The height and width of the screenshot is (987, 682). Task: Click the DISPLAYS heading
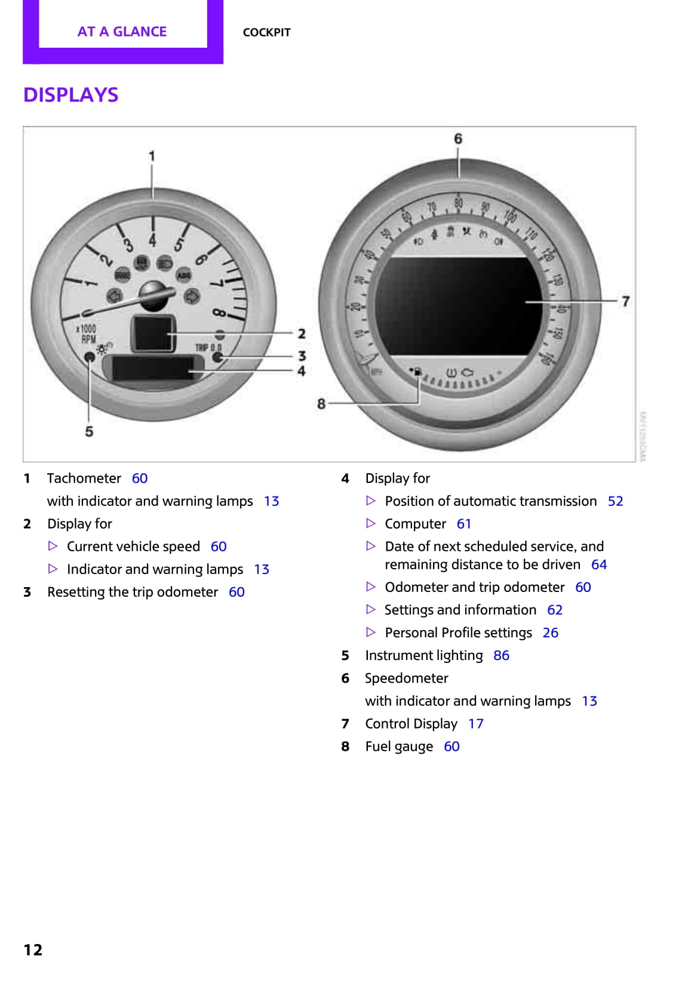[70, 95]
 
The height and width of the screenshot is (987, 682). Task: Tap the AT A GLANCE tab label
[122, 32]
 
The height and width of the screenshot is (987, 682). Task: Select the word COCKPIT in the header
[266, 32]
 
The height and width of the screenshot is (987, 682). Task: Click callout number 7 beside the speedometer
[625, 301]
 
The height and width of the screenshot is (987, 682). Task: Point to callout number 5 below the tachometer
[89, 431]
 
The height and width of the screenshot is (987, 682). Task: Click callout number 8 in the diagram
[321, 404]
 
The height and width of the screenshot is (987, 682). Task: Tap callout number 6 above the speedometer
[458, 139]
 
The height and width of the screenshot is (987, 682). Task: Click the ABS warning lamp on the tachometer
[183, 275]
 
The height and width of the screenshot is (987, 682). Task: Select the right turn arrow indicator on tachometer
[192, 296]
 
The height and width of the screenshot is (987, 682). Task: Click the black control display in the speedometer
[459, 306]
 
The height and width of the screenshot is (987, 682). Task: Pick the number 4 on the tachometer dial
[153, 240]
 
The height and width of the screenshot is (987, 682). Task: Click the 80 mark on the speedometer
[458, 203]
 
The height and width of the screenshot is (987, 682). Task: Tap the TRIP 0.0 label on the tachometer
[208, 347]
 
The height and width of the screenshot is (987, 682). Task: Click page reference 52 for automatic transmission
[615, 501]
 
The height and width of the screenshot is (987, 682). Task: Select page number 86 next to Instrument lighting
[501, 655]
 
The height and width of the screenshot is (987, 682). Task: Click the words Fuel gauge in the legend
[399, 747]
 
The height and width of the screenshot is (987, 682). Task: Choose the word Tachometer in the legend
[84, 479]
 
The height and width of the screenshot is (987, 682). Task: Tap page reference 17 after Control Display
[475, 724]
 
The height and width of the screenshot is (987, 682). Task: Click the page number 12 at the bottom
[33, 949]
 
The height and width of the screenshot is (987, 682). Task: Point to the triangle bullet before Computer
[371, 523]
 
